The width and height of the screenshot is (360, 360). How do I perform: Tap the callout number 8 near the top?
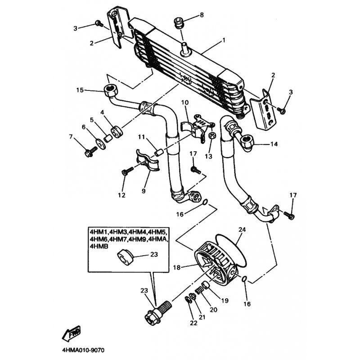202,15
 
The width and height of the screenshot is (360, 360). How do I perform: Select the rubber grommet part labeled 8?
178,22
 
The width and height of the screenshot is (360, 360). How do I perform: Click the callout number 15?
80,90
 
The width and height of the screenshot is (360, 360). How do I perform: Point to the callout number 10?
184,103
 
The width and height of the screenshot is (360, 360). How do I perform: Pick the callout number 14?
274,144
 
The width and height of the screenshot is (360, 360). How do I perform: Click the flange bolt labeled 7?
89,152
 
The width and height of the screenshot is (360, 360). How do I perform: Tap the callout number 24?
242,229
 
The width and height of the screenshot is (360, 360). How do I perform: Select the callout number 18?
177,267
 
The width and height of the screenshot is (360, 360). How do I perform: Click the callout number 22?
193,323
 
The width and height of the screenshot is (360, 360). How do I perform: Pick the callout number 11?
141,137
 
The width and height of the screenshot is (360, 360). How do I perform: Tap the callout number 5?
92,120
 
